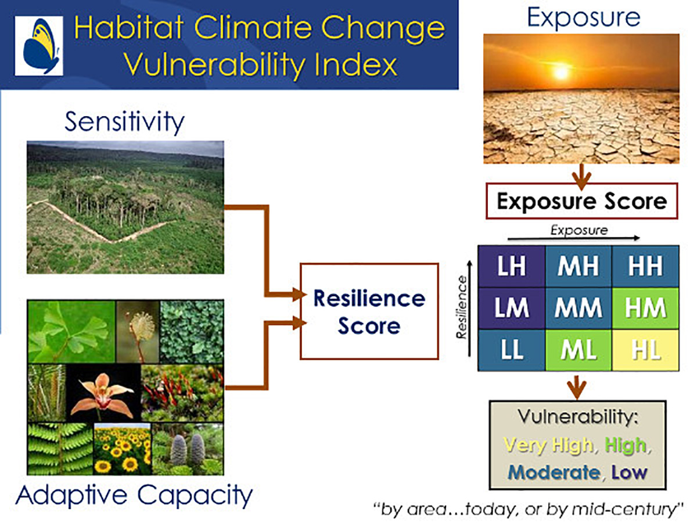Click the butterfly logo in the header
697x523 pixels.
pyautogui.click(x=39, y=46)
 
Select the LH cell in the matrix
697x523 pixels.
pyautogui.click(x=512, y=266)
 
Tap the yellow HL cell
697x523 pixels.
pyautogui.click(x=645, y=350)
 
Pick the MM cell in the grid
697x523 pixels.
pyautogui.click(x=579, y=308)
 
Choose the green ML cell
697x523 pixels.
pyautogui.click(x=579, y=350)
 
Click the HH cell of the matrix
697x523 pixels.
pyautogui.click(x=645, y=266)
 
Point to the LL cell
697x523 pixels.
pyautogui.click(x=512, y=350)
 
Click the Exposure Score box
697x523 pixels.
pyautogui.click(x=582, y=201)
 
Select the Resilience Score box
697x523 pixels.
pyautogui.click(x=369, y=311)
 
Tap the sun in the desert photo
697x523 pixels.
pyautogui.click(x=562, y=73)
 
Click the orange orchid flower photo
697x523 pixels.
pyautogui.click(x=103, y=393)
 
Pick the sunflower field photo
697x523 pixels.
pyautogui.click(x=123, y=449)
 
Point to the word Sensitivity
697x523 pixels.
pyautogui.click(x=124, y=122)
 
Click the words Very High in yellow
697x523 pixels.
pyautogui.click(x=548, y=445)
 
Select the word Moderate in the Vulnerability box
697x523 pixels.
pyautogui.click(x=554, y=472)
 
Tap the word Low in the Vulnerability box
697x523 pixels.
pyautogui.click(x=630, y=472)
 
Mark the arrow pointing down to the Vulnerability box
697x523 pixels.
pyautogui.click(x=577, y=387)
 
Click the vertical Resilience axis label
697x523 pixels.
pyautogui.click(x=461, y=307)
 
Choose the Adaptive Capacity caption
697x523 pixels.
pyautogui.click(x=134, y=496)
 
